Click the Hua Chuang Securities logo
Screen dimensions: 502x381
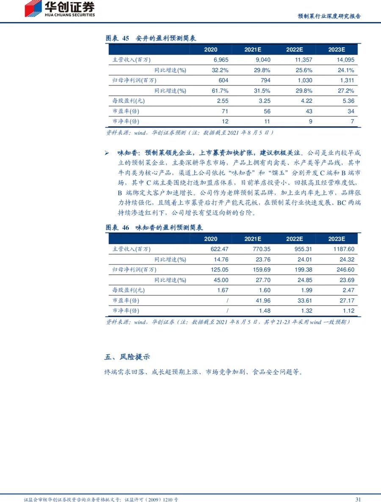pos(59,9)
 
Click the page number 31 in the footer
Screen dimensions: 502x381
pos(357,499)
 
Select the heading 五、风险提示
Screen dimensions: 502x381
pos(127,357)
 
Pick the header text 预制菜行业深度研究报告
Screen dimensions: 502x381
pos(329,16)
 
